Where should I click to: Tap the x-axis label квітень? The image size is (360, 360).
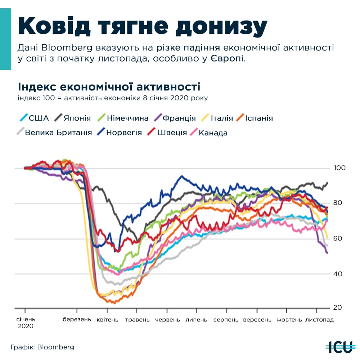107,320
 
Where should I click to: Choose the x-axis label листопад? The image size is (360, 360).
319,320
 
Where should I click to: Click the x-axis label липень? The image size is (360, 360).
197,320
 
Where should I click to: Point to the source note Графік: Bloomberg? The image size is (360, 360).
42,347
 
